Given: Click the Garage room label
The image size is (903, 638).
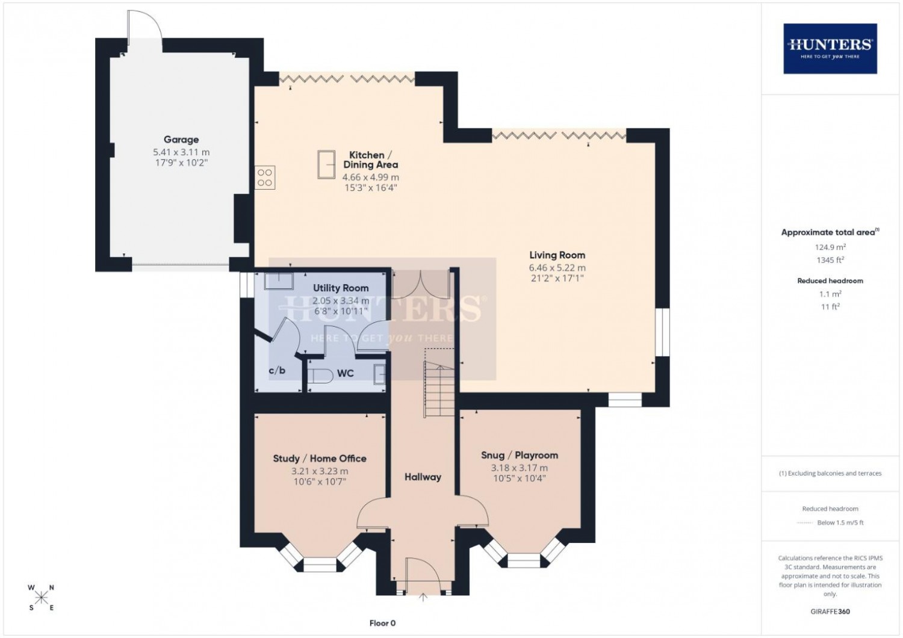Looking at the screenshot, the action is [x=181, y=140].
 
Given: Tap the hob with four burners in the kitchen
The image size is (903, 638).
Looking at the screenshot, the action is [x=264, y=178].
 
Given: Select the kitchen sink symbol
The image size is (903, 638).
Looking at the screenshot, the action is [x=326, y=164].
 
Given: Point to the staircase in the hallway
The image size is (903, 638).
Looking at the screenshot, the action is [x=439, y=389].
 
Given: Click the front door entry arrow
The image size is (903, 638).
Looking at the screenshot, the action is [x=423, y=597].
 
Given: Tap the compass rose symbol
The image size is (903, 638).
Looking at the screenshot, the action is [x=41, y=597].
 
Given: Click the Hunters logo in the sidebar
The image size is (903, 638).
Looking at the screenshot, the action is [x=830, y=49].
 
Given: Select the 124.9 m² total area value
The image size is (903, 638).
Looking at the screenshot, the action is [x=830, y=247].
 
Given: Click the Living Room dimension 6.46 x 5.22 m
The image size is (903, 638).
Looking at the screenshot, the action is [x=557, y=268].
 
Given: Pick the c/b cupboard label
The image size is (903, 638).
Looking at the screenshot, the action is [x=277, y=370].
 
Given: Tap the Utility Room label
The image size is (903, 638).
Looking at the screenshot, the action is [x=341, y=288].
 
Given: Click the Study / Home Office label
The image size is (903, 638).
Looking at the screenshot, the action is [x=320, y=458].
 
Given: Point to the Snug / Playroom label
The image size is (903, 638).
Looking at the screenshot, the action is [x=520, y=456].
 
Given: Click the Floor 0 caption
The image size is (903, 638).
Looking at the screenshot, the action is [x=382, y=623].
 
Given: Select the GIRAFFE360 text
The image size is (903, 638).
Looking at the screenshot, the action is [x=830, y=612].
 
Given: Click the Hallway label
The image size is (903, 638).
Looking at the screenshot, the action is [x=423, y=477].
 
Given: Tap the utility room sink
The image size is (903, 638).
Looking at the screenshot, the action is [x=279, y=280].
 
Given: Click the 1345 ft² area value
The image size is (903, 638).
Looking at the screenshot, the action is [x=830, y=260].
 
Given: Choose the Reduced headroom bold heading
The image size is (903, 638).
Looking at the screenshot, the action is [x=830, y=281].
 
